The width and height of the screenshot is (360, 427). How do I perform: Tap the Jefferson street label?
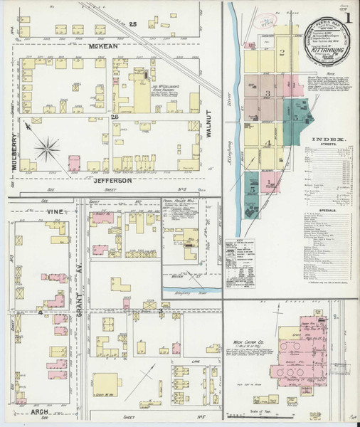click(112, 181)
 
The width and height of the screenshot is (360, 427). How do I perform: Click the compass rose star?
click(48, 148)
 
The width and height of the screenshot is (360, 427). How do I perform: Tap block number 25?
click(132, 23)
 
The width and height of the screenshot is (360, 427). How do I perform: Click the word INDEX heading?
click(328, 139)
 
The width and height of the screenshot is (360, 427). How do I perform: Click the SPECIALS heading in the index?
click(328, 211)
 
